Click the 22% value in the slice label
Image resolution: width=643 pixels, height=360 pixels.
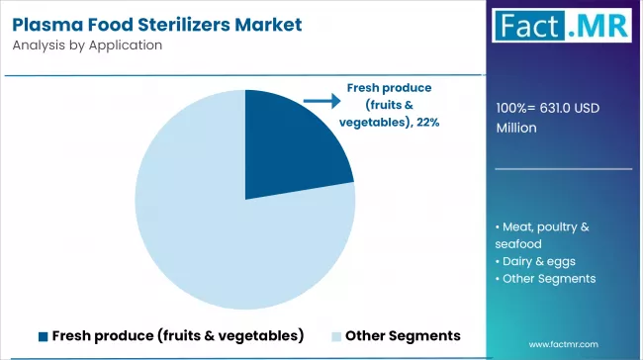coord(427,122)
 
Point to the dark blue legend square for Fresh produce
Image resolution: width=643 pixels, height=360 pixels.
coord(44,335)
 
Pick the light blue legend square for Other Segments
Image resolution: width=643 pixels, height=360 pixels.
coord(335,335)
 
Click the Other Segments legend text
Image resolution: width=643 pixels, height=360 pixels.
coord(403,335)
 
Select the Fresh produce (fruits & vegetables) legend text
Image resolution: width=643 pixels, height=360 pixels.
coord(178,335)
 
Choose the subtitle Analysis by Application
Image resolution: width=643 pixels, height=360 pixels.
coord(88,45)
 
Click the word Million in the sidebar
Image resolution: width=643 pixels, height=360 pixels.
coord(517,128)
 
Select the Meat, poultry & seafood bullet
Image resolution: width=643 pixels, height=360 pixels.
coord(542,234)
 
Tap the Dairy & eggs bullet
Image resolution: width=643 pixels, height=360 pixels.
coord(535,261)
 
